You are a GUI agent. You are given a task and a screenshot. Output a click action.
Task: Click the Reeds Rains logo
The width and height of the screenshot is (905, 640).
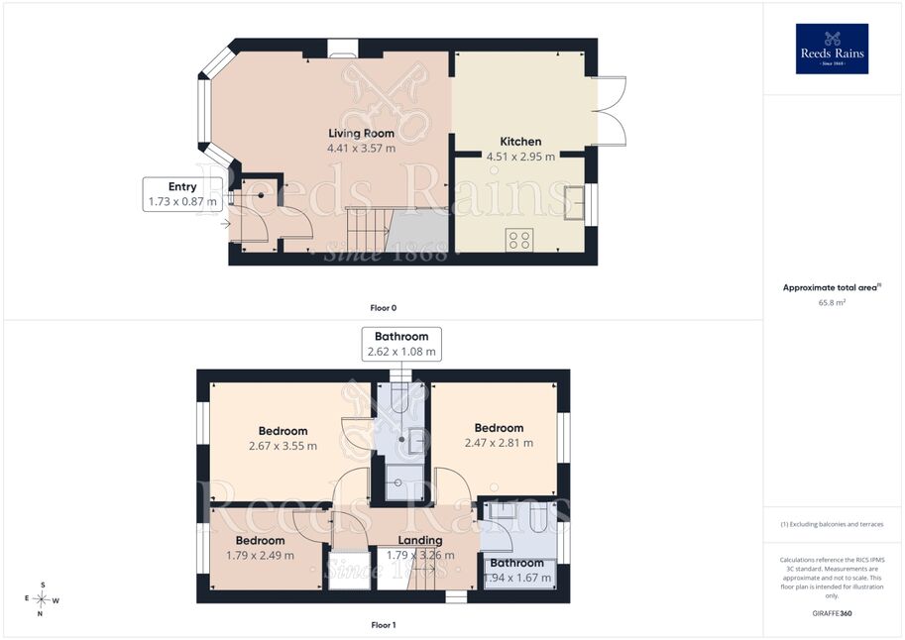click(832, 49)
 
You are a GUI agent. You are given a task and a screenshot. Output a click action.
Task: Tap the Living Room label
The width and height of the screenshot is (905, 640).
click(362, 134)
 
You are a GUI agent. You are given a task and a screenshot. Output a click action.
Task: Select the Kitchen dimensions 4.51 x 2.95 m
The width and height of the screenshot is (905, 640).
click(520, 157)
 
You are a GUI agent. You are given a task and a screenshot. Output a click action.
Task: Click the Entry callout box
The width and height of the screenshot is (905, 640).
click(182, 194)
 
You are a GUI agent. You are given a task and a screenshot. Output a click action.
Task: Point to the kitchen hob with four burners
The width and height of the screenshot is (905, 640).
click(518, 240)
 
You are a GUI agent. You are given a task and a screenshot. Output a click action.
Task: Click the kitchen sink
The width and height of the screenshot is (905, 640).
click(574, 202)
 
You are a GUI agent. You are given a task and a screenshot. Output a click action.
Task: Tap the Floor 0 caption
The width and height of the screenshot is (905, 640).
click(384, 308)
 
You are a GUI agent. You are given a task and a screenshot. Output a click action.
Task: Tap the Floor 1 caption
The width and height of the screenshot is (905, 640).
click(384, 625)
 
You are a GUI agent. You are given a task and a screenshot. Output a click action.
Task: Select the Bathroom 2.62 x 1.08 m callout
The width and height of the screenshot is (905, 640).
click(401, 344)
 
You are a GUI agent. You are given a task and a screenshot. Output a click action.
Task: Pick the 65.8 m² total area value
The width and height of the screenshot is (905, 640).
click(832, 302)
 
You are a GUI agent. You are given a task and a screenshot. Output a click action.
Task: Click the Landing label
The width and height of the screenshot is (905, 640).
click(420, 540)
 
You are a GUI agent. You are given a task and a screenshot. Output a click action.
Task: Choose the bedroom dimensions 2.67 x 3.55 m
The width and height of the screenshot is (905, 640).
click(283, 446)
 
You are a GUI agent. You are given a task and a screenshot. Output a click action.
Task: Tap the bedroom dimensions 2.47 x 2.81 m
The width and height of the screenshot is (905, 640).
click(499, 443)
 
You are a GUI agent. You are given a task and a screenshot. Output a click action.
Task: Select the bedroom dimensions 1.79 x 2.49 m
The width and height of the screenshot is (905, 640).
click(260, 556)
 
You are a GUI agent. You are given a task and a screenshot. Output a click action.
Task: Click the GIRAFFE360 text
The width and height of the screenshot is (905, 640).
click(832, 613)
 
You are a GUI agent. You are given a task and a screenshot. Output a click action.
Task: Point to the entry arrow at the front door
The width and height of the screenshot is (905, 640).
click(225, 223)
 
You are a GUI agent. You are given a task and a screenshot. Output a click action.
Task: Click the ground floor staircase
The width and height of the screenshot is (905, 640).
click(369, 229)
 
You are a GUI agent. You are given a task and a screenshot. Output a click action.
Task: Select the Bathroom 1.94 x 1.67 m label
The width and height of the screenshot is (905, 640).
click(517, 571)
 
